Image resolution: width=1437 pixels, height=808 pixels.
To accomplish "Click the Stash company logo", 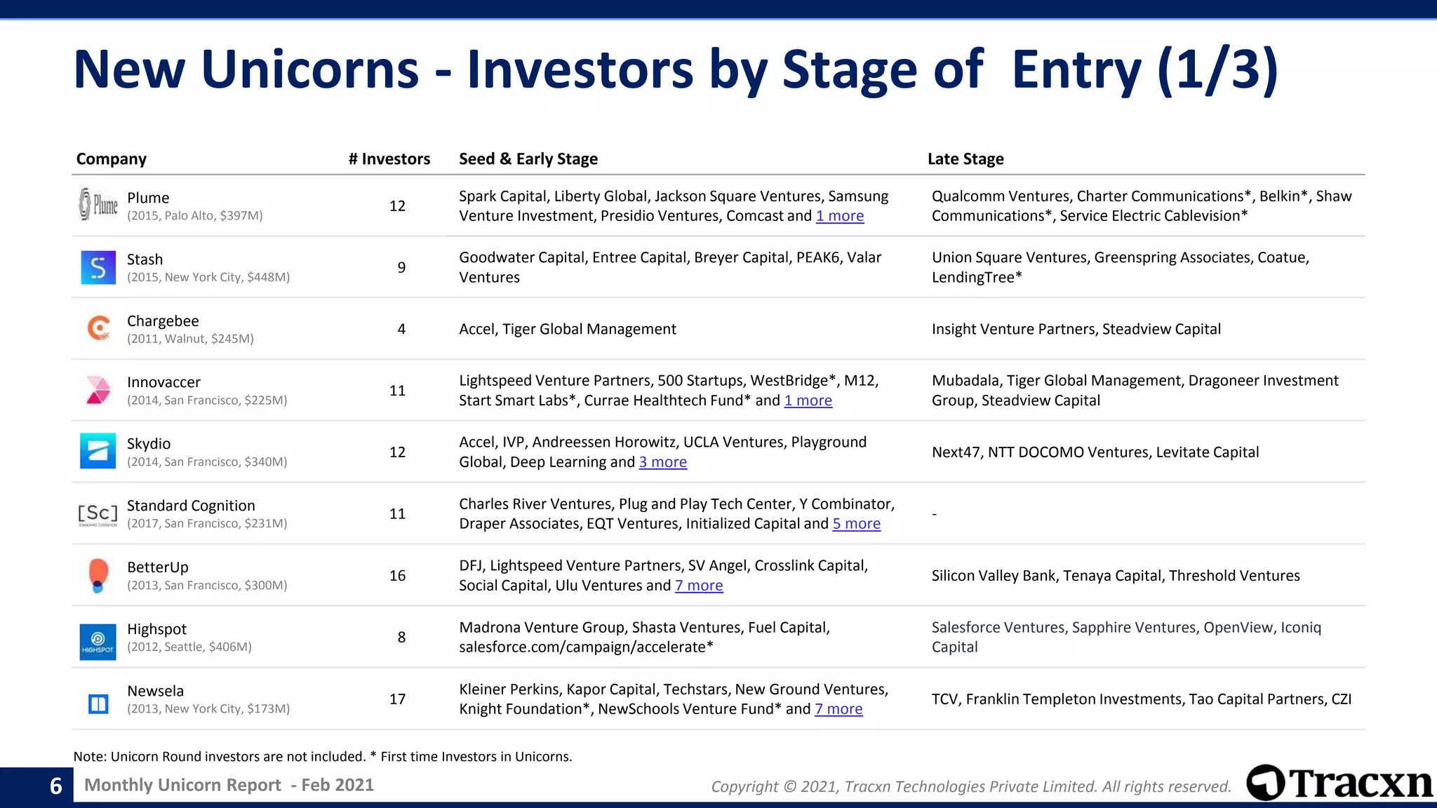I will click(98, 267).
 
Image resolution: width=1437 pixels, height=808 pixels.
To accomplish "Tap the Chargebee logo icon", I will click(98, 328).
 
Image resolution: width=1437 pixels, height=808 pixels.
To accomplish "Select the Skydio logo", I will click(98, 451).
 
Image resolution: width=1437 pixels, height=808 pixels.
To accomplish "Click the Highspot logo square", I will click(98, 641).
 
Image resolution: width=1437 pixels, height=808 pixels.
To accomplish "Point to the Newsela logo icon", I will click(98, 703).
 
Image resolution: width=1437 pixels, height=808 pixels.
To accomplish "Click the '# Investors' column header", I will click(389, 159).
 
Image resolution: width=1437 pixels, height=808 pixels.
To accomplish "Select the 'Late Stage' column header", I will click(965, 159).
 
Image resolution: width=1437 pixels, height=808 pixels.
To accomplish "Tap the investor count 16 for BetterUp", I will click(397, 576).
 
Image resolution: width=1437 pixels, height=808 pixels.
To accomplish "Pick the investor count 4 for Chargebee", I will click(401, 329).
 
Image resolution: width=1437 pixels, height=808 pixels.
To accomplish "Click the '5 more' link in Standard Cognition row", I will click(856, 524).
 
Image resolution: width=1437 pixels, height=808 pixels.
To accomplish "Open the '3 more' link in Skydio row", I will click(662, 462).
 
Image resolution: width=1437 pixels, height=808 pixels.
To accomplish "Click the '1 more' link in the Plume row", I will click(840, 216).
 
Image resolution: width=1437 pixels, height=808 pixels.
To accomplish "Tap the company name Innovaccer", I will click(163, 382).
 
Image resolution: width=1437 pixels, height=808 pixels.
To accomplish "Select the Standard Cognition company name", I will click(191, 506).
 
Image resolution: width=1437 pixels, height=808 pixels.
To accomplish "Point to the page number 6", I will click(56, 786).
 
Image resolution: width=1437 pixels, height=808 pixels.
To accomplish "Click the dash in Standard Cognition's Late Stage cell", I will click(935, 514).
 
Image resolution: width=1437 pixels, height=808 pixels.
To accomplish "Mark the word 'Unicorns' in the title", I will click(309, 69).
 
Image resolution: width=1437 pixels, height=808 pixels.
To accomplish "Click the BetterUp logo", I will click(99, 575).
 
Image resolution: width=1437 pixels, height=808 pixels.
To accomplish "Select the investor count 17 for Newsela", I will click(397, 699).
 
